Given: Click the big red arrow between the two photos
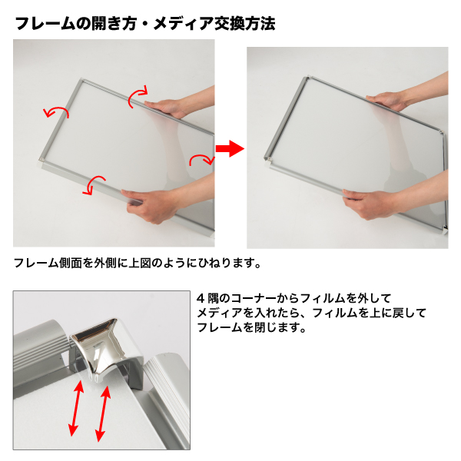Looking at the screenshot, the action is [230, 148].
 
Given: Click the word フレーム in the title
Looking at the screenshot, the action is [45, 24].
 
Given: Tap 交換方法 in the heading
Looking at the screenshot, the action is [244, 24].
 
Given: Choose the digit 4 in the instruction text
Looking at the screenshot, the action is [201, 299].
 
